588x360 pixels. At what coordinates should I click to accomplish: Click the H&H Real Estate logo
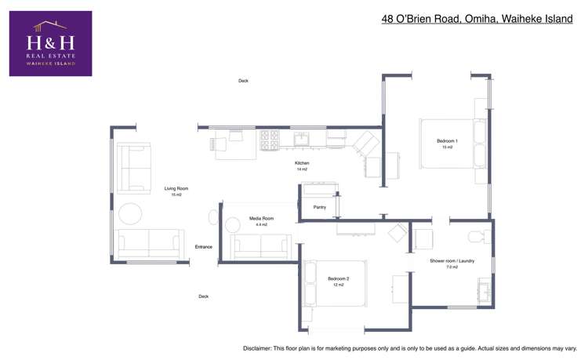click(x=50, y=43)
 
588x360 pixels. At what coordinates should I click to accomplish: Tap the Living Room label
click(x=176, y=191)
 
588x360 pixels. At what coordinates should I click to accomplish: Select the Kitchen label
click(x=302, y=165)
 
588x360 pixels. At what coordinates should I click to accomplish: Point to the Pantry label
click(x=319, y=208)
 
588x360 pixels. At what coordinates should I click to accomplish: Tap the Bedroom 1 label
click(x=447, y=143)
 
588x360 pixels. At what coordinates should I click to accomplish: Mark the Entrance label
click(x=204, y=247)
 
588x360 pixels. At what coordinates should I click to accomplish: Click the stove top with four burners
click(x=270, y=140)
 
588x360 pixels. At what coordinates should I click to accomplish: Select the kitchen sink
click(x=301, y=140)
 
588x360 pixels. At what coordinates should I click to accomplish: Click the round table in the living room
click(x=130, y=213)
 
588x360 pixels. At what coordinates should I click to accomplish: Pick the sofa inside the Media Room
click(x=263, y=247)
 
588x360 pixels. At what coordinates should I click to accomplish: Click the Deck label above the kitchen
click(x=243, y=80)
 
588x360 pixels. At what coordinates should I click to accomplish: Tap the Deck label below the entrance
click(x=203, y=296)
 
